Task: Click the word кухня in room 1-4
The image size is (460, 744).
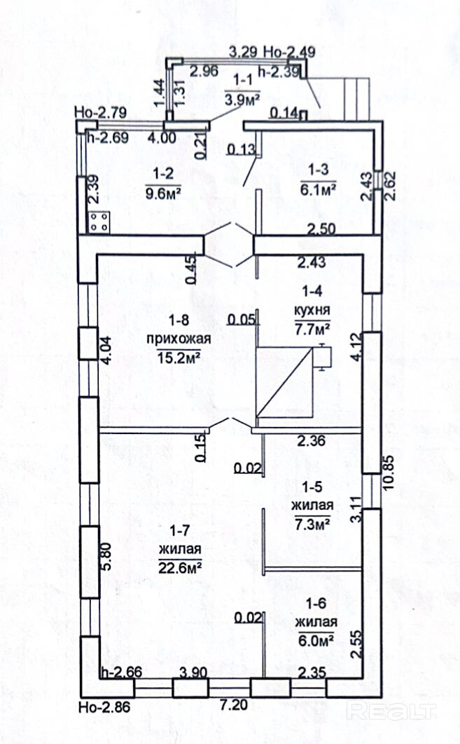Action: pos(312,309)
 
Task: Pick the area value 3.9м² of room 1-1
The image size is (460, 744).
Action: pos(242,99)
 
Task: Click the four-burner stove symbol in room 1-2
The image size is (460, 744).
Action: pos(99,222)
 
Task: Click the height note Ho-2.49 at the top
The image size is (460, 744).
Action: pos(289,51)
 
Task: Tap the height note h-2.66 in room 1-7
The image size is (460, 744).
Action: pos(123,672)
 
